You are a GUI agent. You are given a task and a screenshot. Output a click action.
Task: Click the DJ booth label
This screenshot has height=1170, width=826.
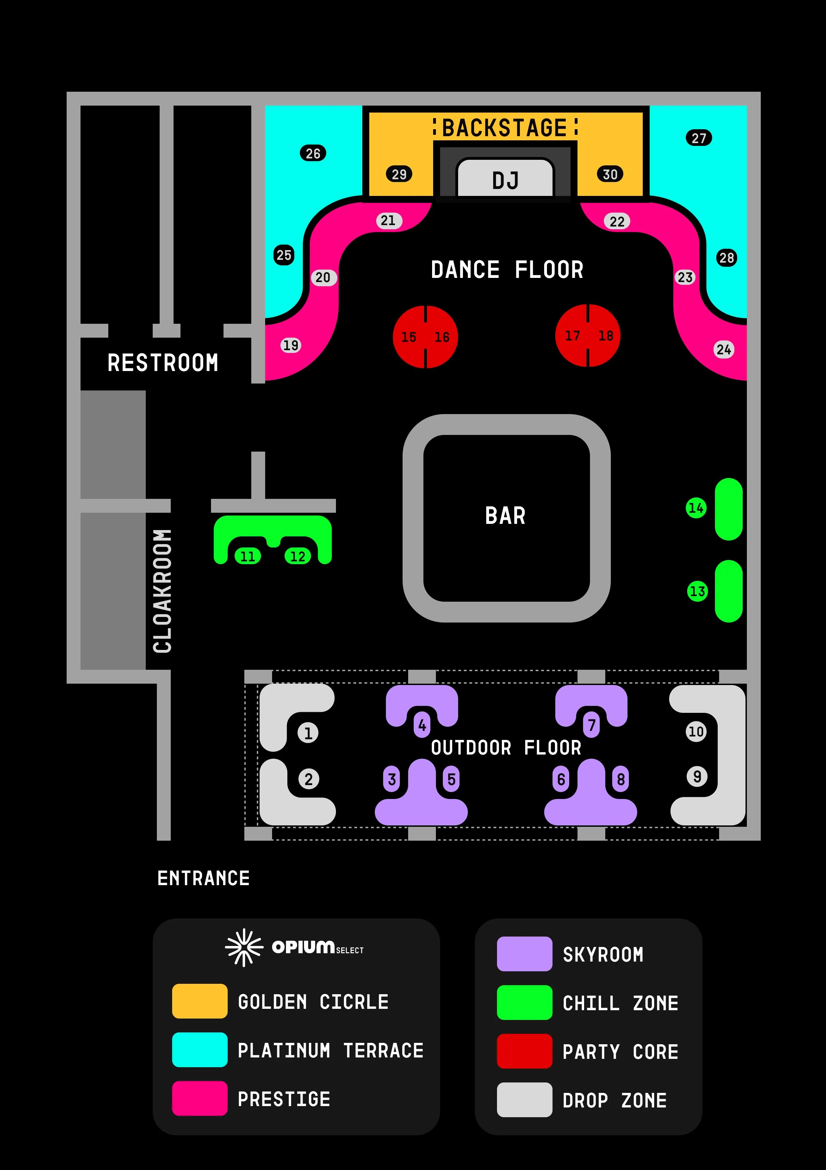[505, 180]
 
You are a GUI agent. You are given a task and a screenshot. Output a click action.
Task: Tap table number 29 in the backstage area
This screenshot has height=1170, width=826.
[399, 174]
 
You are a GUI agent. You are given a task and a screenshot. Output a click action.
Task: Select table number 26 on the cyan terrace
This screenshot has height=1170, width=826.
[313, 154]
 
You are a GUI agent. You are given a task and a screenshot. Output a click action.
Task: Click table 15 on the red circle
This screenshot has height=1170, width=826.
[409, 337]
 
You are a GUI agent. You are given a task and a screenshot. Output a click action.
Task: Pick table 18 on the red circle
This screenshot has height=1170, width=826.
[606, 335]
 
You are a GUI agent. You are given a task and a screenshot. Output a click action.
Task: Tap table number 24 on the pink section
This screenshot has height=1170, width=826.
[724, 349]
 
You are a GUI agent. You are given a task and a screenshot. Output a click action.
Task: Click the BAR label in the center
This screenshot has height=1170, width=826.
[505, 516]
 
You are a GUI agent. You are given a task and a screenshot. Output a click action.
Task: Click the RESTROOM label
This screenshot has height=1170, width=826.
[163, 363]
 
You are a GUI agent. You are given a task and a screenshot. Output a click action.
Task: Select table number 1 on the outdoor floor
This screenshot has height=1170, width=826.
[308, 733]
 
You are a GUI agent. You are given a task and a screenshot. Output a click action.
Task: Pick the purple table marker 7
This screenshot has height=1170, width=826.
[592, 725]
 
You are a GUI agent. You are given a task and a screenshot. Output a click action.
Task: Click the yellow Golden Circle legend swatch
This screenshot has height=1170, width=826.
[200, 1001]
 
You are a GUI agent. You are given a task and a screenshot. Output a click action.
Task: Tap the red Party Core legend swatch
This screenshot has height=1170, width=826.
[524, 1051]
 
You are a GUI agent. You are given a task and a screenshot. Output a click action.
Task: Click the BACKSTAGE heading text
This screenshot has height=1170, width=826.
[504, 127]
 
